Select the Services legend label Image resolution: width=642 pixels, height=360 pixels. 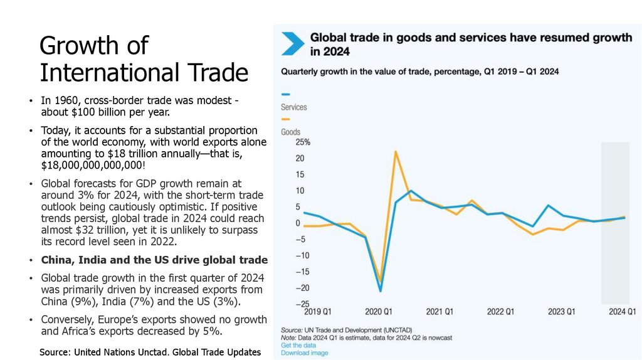click(293, 107)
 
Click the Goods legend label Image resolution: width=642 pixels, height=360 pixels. click(291, 132)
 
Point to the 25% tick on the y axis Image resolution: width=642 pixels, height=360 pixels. click(294, 142)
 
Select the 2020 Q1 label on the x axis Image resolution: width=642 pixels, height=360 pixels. click(379, 312)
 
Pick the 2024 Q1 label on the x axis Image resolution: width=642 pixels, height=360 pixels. click(622, 312)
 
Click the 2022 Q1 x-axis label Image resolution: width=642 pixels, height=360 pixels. click(500, 312)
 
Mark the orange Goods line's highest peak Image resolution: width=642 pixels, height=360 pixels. click(396, 151)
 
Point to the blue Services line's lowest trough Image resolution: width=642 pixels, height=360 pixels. click(380, 291)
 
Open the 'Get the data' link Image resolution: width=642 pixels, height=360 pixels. click(298, 346)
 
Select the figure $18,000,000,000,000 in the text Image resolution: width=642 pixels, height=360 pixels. click(92, 165)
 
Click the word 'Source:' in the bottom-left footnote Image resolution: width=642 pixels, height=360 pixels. click(55, 352)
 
